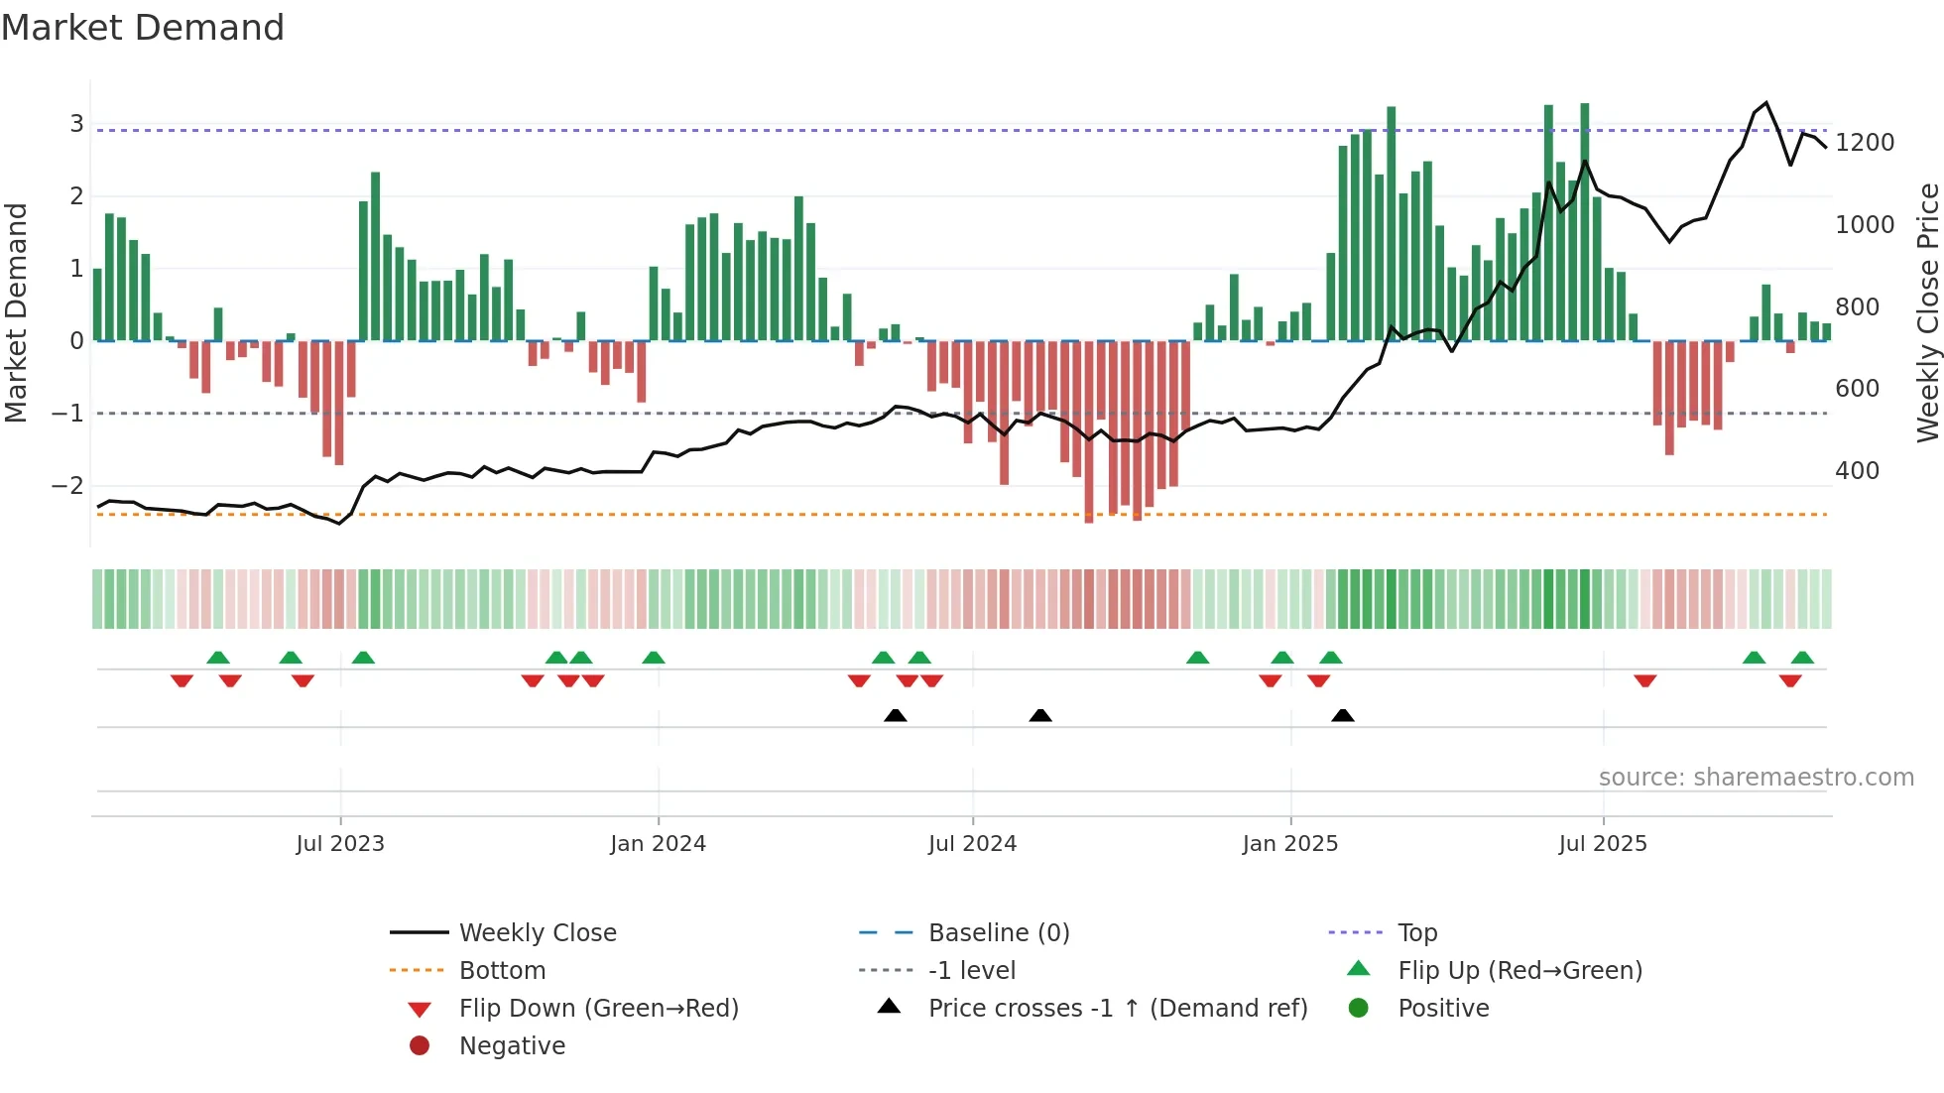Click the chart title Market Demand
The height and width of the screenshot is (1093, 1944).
click(x=143, y=28)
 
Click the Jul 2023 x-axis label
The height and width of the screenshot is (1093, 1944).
click(x=340, y=844)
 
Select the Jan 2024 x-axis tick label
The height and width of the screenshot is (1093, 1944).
click(x=658, y=844)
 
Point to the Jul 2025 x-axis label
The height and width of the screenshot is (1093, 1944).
click(x=1603, y=844)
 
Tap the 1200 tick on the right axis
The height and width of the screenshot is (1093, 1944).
click(x=1865, y=143)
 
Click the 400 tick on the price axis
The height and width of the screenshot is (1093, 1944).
click(x=1857, y=471)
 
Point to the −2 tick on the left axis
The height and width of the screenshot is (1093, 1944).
click(x=67, y=486)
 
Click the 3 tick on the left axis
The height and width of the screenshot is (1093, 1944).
click(x=76, y=124)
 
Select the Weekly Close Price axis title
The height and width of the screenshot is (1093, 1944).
click(x=1927, y=312)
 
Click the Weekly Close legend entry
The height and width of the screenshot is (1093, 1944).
click(x=538, y=933)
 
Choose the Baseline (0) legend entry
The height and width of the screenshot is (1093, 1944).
click(x=999, y=933)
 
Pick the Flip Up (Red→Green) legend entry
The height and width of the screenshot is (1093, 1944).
click(x=1519, y=971)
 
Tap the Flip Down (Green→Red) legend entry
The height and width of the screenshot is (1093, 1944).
click(x=598, y=1009)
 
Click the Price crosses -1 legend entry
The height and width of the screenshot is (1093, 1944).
click(x=1118, y=1009)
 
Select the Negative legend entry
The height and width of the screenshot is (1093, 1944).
click(x=512, y=1046)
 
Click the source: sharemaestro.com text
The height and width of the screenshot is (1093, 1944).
click(x=1756, y=778)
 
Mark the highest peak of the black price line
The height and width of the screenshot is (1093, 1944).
click(x=1765, y=103)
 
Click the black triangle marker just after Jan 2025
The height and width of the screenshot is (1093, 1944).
click(x=1343, y=716)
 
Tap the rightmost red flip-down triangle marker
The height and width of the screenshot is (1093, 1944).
click(x=1790, y=680)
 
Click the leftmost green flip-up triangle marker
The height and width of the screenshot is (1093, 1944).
click(x=218, y=658)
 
